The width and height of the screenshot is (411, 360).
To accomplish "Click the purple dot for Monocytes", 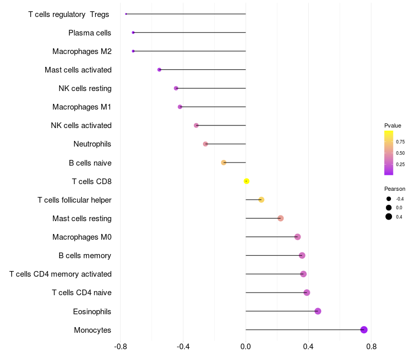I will click(364, 330).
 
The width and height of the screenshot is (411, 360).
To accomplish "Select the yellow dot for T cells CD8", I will click(247, 181).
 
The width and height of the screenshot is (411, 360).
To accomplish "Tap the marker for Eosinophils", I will click(318, 311).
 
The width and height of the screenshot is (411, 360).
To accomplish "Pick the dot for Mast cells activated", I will click(159, 69).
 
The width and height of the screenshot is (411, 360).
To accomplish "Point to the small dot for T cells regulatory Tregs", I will click(126, 14).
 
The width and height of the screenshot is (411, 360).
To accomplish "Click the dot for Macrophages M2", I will click(134, 51).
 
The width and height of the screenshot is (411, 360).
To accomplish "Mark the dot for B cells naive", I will click(223, 163).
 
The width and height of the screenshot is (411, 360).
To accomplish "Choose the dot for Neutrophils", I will click(206, 144).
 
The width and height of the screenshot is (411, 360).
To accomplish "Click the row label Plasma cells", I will click(90, 33).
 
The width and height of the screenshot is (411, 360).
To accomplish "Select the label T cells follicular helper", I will click(74, 200).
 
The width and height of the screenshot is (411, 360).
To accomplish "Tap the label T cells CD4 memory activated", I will click(60, 274).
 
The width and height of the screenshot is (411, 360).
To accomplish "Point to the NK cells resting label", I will click(85, 88).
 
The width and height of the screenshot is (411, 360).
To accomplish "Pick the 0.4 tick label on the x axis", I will click(309, 347).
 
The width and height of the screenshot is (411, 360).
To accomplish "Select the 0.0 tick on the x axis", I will click(246, 347).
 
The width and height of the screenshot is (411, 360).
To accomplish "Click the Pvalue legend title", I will click(393, 125).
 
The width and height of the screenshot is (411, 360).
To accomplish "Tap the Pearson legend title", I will click(395, 189).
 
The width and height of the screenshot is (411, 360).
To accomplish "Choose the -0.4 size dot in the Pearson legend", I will click(389, 199).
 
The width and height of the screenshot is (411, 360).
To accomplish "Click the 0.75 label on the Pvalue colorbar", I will click(400, 142).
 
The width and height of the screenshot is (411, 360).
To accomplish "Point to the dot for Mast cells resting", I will click(281, 219).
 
